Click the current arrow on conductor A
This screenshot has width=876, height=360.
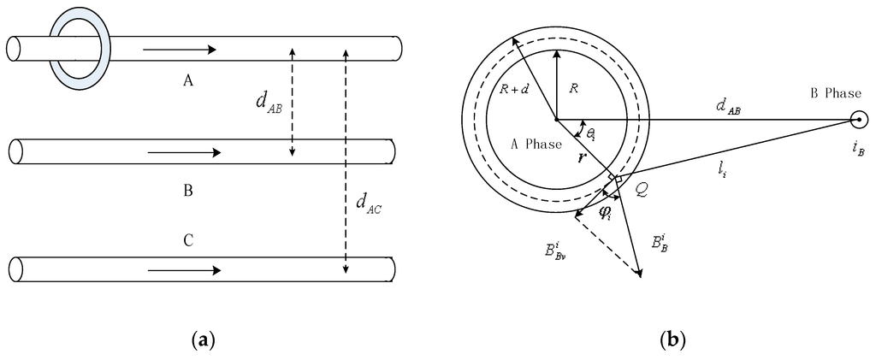click(x=180, y=50)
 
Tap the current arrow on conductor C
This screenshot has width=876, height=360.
click(x=184, y=270)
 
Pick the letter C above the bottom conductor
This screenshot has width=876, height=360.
click(x=187, y=242)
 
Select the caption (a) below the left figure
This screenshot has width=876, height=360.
click(x=203, y=340)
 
